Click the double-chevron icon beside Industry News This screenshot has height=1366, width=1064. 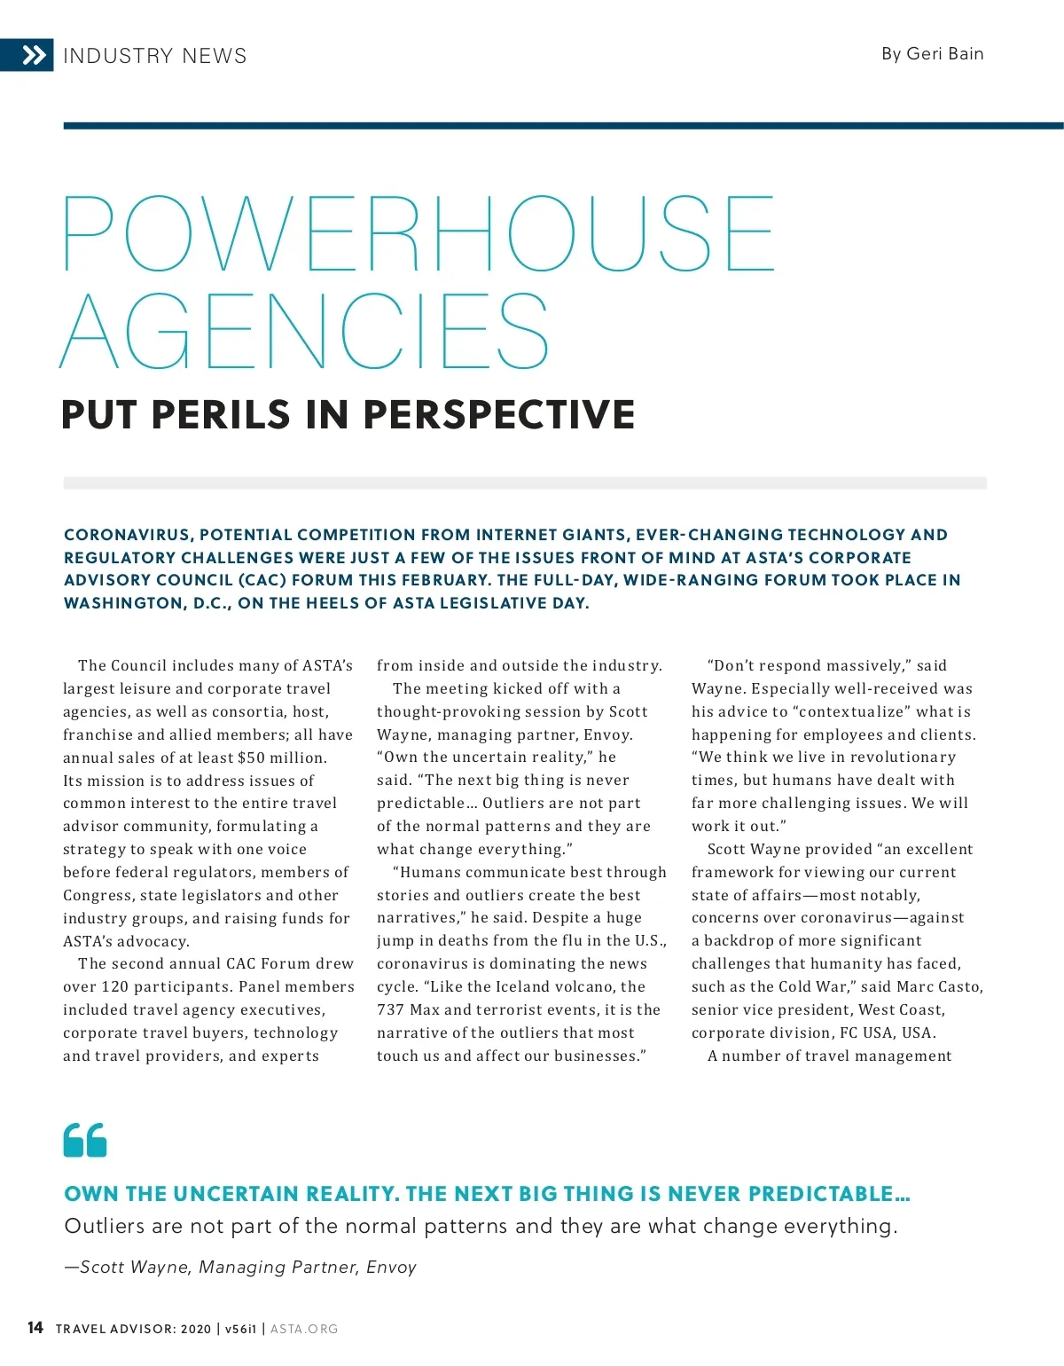coord(34,56)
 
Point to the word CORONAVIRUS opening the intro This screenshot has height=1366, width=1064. coord(128,535)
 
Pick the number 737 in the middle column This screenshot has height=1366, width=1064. coord(390,1009)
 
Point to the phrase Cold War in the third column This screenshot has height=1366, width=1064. coord(817,986)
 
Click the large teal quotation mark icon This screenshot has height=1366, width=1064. coord(85,1140)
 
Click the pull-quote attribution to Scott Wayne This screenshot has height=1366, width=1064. coord(240,1267)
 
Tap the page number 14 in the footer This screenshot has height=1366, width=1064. coord(35,1328)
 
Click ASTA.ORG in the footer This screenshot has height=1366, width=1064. coord(304,1329)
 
